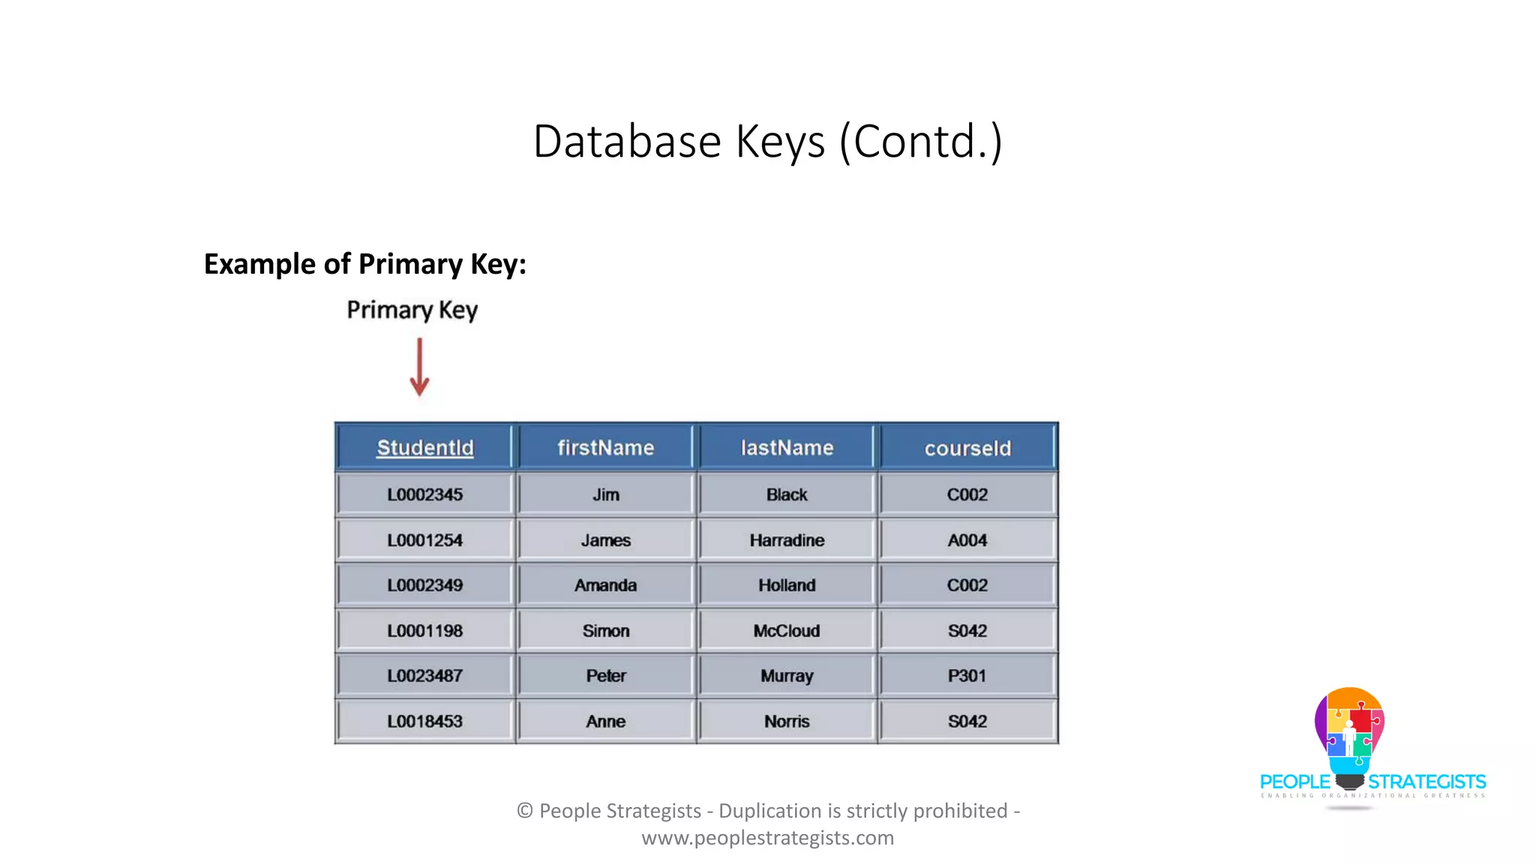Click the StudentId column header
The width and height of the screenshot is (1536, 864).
point(424,448)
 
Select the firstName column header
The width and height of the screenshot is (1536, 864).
point(606,448)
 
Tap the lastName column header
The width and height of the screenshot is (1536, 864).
point(787,448)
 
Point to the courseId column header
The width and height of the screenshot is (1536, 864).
point(967,448)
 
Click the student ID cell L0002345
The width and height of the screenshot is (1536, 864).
point(424,495)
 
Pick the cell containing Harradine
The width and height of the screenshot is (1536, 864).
point(787,540)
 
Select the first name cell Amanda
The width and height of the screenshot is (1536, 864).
point(606,585)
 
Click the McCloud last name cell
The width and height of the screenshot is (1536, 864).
point(787,631)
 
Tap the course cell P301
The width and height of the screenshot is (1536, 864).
point(967,676)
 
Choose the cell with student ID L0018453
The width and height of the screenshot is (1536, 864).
point(424,721)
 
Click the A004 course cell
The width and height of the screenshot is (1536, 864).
point(967,540)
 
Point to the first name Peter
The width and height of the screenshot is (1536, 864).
point(606,676)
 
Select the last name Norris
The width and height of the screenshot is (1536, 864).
point(787,721)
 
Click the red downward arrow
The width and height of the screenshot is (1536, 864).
point(419,367)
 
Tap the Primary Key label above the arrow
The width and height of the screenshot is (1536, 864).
point(412,310)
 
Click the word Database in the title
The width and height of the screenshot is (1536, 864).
point(627,141)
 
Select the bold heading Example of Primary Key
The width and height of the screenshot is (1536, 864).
point(365,264)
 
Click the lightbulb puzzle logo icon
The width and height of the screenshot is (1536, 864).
point(1349,735)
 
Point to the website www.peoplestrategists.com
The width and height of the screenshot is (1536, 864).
point(767,838)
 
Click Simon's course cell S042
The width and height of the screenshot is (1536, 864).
point(967,631)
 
